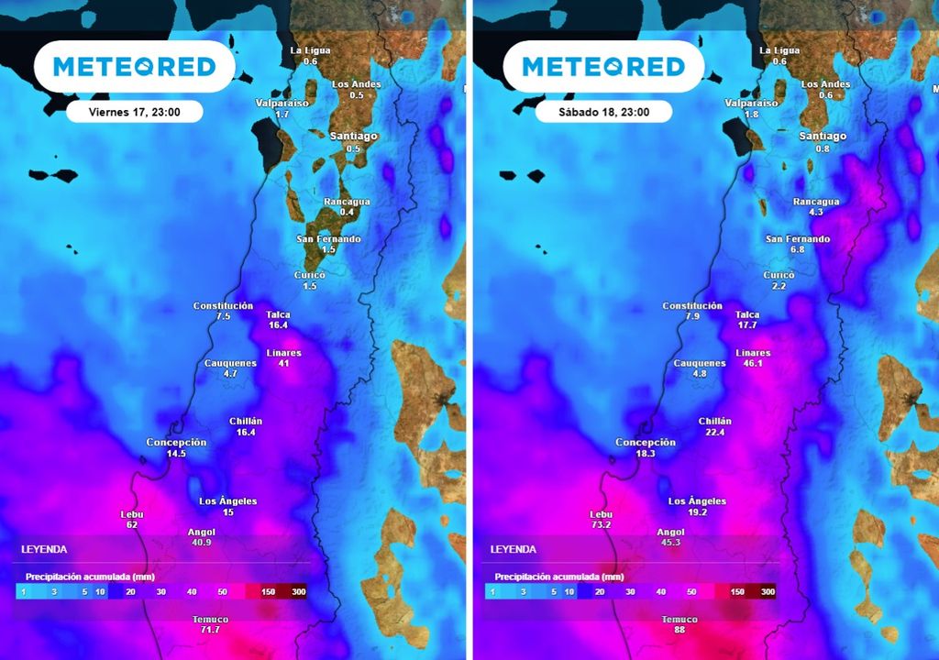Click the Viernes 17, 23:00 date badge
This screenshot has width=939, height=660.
click(134, 112)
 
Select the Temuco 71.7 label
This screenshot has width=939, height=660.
click(210, 625)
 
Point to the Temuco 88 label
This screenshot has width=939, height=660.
click(679, 625)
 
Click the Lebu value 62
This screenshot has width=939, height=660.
click(132, 524)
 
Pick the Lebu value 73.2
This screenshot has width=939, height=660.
click(601, 525)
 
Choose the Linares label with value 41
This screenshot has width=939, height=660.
click(283, 357)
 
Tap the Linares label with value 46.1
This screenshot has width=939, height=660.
click(753, 357)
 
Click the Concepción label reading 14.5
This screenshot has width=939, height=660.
click(176, 447)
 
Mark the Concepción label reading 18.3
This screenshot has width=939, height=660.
click(646, 447)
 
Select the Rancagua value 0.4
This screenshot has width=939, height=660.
click(347, 212)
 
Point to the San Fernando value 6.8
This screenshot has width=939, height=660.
click(797, 249)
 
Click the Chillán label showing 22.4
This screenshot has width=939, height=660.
click(715, 426)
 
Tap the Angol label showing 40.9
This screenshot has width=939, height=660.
click(201, 536)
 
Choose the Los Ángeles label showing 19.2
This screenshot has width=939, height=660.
click(697, 507)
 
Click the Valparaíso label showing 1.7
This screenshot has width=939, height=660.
click(282, 108)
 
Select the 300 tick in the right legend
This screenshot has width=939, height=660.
click(768, 592)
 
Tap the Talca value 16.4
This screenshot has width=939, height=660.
click(278, 324)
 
